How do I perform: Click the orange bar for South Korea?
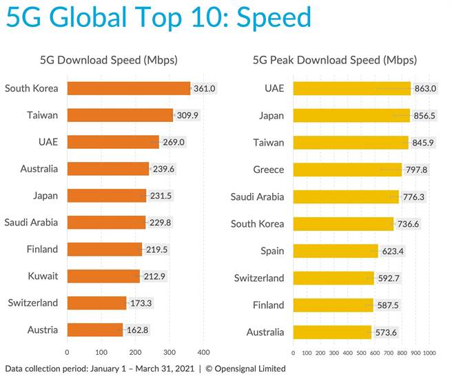[x=129, y=88]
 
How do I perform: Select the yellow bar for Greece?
[x=347, y=170]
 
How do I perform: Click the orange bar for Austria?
[x=95, y=329]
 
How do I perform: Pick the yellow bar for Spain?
[x=336, y=251]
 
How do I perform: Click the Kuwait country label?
[x=43, y=276]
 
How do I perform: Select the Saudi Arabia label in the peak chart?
[x=257, y=196]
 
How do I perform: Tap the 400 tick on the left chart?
[x=203, y=351]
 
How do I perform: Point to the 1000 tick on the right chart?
[x=429, y=352]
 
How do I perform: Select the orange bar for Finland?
[x=105, y=249]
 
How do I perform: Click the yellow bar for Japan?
[x=351, y=116]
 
